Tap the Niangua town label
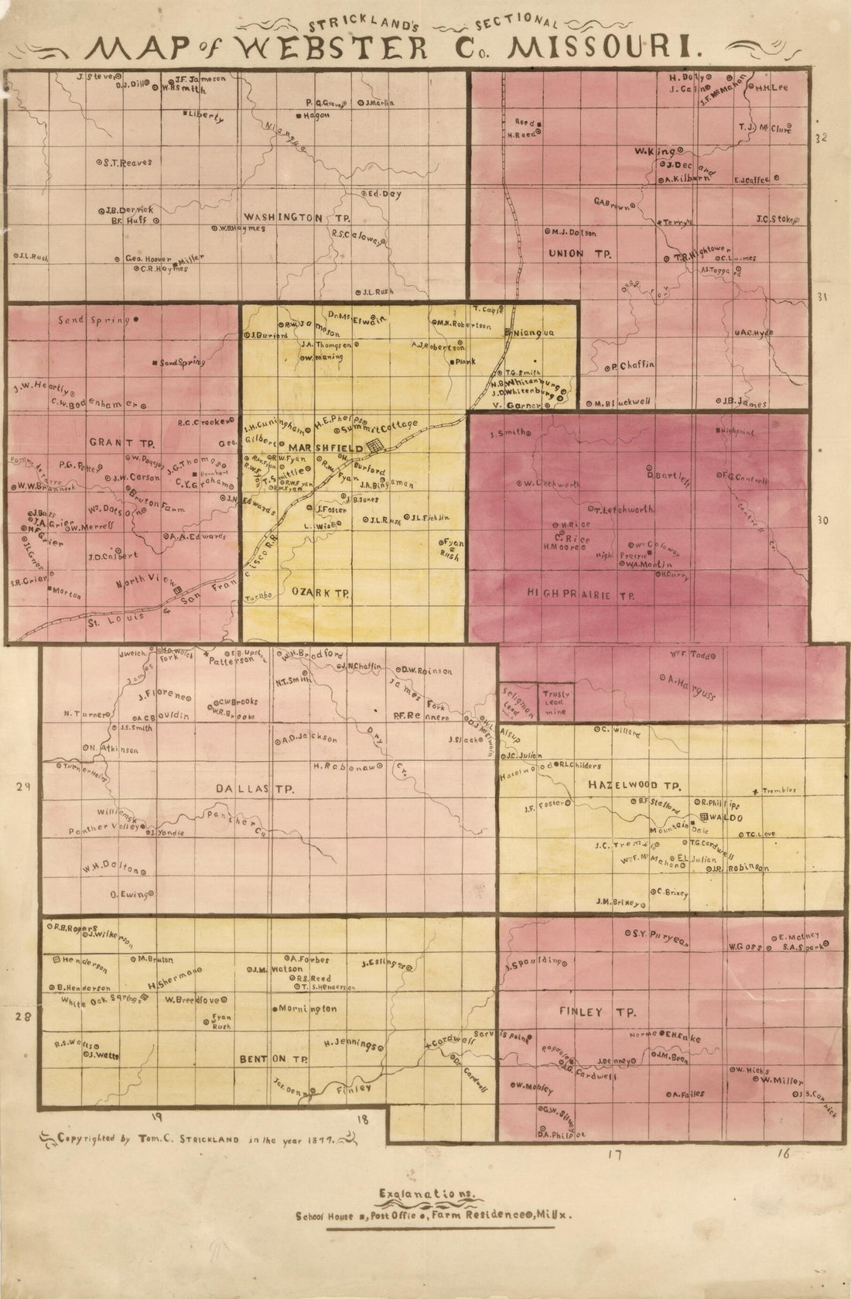tap(535, 333)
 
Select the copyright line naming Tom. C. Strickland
tap(193, 1139)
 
